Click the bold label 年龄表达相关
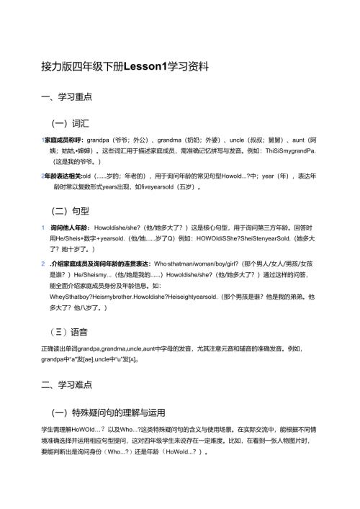[x=63, y=176]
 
